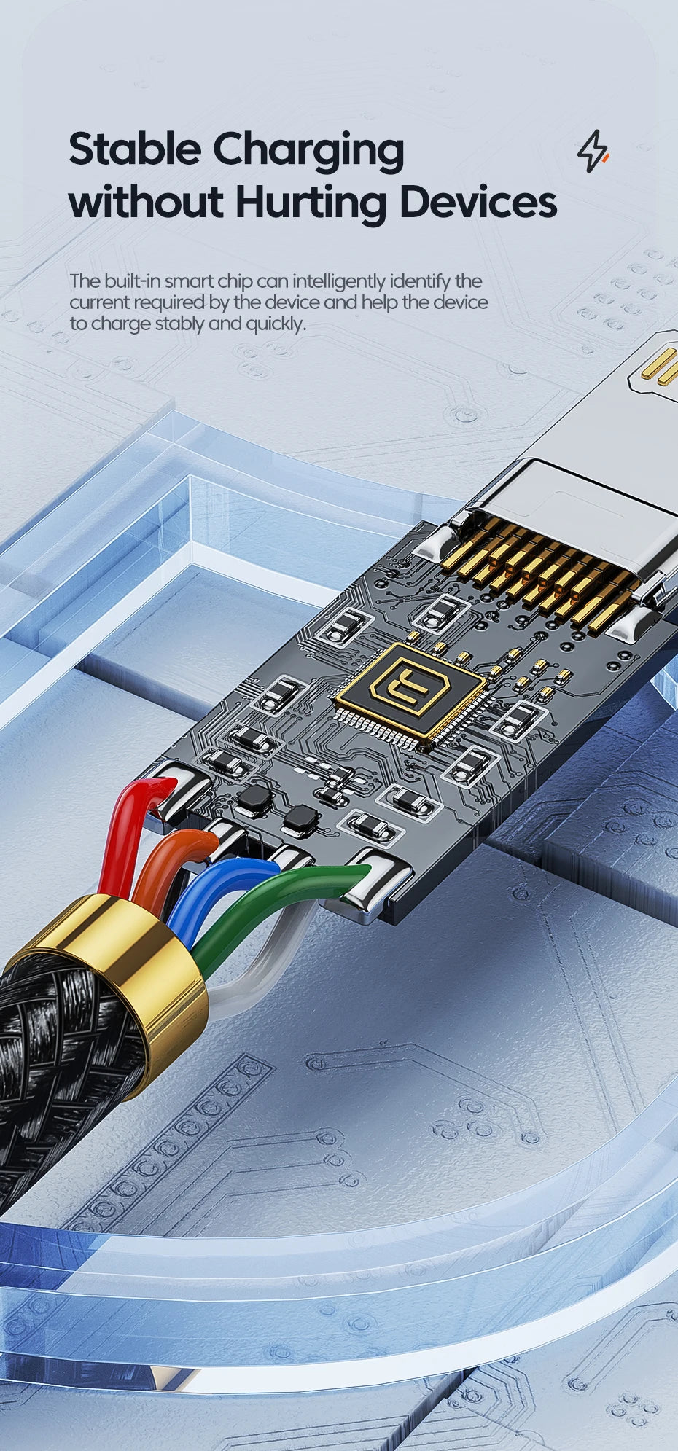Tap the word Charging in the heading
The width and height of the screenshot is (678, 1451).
[x=308, y=152]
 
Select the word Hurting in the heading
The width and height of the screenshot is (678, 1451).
[x=311, y=202]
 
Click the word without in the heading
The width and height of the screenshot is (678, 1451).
[x=146, y=202]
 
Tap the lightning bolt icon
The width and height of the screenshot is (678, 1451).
[x=593, y=151]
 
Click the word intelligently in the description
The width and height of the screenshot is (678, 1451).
[x=339, y=282]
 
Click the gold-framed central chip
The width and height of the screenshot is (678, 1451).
[x=410, y=690]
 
